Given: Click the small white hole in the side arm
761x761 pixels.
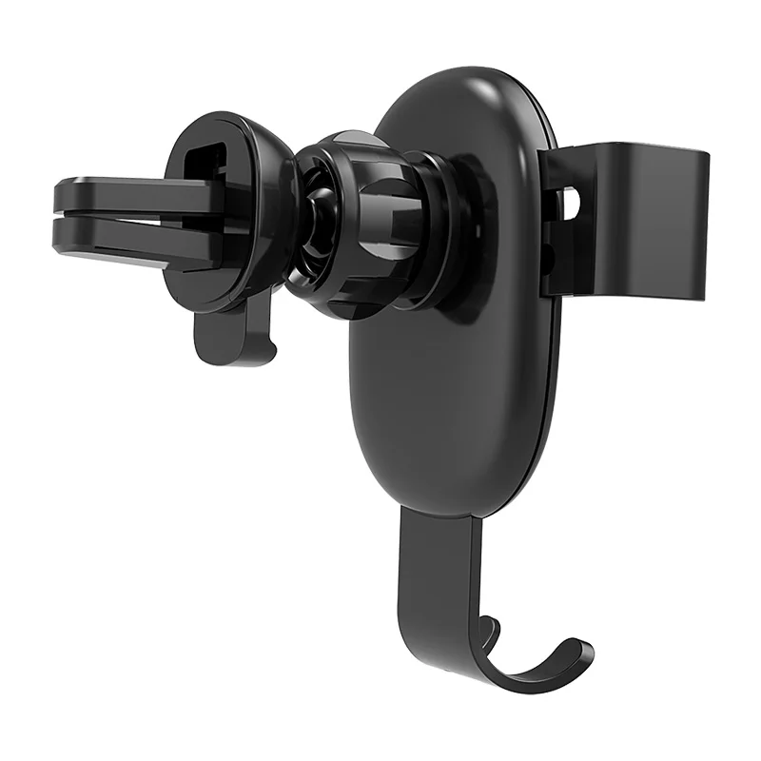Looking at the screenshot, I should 571,202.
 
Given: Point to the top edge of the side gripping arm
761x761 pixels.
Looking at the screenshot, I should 628,149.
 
